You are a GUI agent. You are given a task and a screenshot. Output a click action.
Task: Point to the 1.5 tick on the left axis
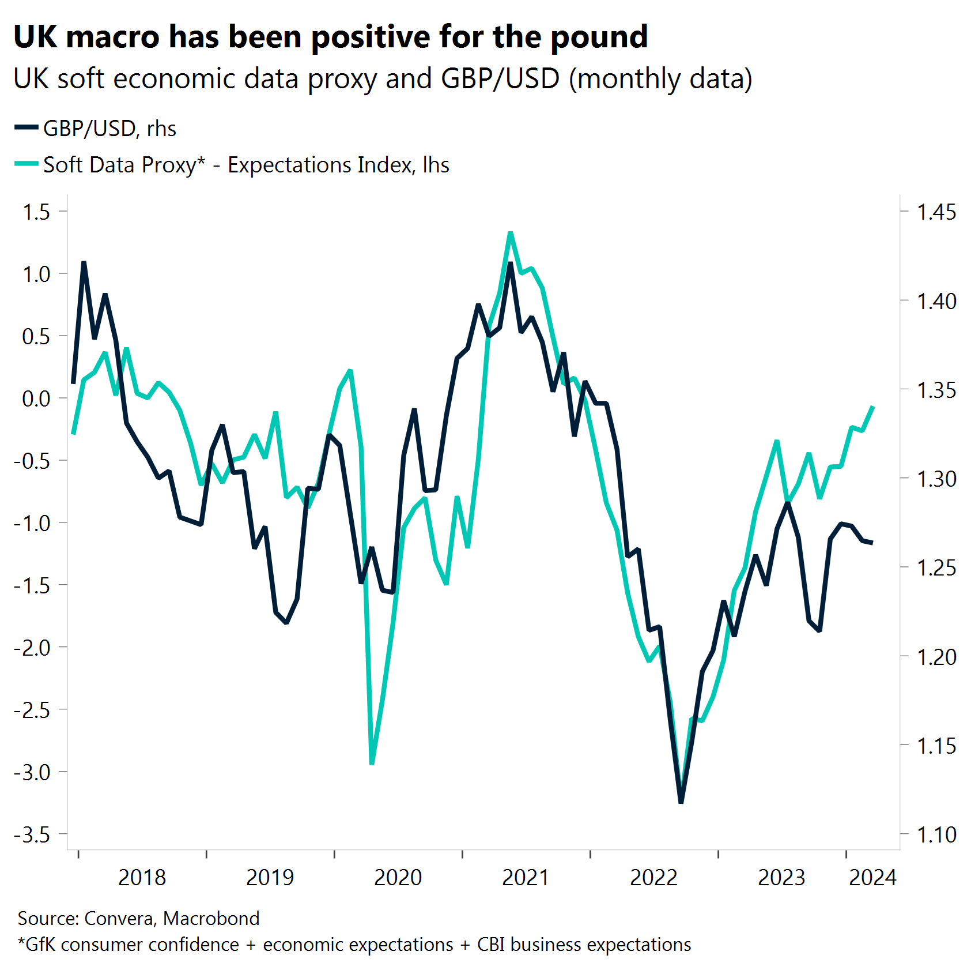pyautogui.click(x=36, y=212)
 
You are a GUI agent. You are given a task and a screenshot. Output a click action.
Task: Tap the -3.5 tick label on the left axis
pyautogui.click(x=32, y=834)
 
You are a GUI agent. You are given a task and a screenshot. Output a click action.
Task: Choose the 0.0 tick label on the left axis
pyautogui.click(x=36, y=398)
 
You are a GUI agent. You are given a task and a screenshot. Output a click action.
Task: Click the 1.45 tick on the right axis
pyautogui.click(x=936, y=212)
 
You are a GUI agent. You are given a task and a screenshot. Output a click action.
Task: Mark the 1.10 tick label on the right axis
pyautogui.click(x=936, y=834)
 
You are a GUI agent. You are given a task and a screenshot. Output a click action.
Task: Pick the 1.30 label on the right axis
pyautogui.click(x=936, y=479)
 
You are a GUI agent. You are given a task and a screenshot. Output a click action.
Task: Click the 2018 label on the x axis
pyautogui.click(x=142, y=878)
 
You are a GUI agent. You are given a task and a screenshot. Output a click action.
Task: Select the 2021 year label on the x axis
pyautogui.click(x=526, y=878)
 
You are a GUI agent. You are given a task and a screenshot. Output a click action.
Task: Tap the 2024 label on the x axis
pyautogui.click(x=872, y=878)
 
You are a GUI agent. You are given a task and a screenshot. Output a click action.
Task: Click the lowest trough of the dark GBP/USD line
pyautogui.click(x=681, y=802)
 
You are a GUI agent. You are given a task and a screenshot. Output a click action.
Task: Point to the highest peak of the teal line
pyautogui.click(x=511, y=232)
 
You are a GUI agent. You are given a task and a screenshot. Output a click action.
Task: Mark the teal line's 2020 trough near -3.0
pyautogui.click(x=372, y=764)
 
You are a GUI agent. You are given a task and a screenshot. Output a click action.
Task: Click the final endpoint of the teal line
pyautogui.click(x=874, y=407)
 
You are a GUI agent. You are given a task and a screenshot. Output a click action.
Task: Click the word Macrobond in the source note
pyautogui.click(x=211, y=918)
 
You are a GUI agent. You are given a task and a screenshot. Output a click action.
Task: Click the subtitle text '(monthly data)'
pyautogui.click(x=660, y=79)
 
